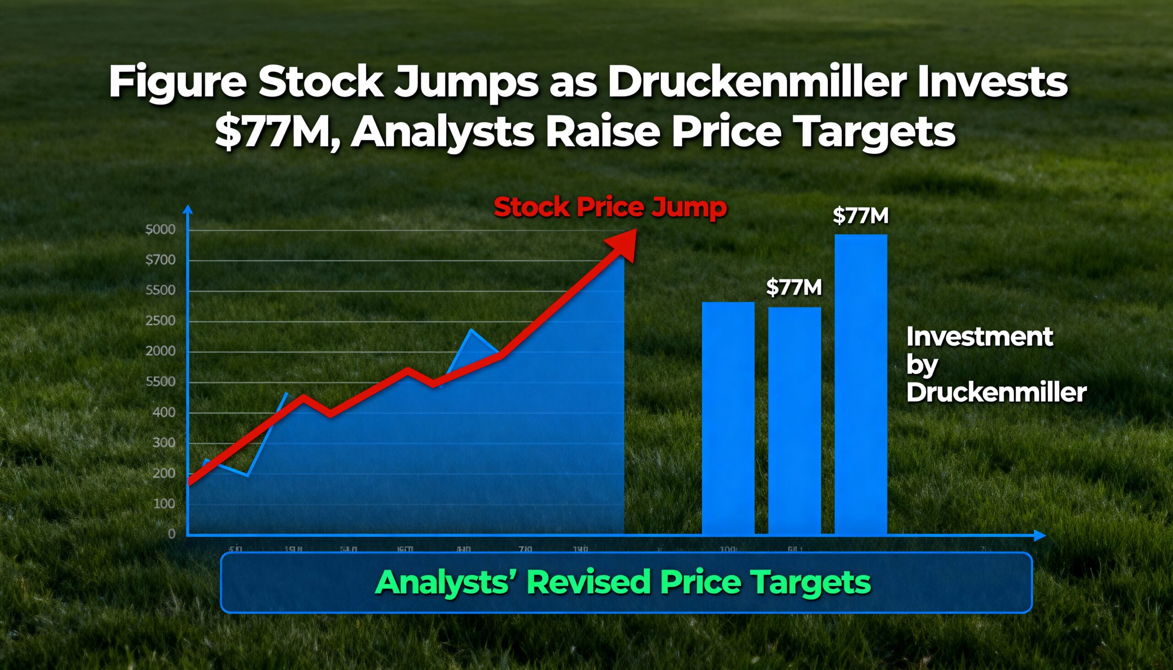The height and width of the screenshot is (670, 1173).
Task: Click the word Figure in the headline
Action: coord(177,83)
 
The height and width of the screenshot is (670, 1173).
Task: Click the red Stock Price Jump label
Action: coord(610,207)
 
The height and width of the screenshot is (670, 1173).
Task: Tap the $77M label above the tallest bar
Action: coord(861,216)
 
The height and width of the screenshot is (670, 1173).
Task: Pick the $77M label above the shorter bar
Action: coord(794,288)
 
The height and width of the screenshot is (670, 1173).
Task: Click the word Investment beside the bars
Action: coord(979,337)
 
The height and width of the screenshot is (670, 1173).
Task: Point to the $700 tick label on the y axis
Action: coord(160,260)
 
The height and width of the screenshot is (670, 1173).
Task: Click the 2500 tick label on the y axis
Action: coord(160,321)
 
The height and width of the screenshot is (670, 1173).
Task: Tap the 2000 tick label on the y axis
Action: coord(160,351)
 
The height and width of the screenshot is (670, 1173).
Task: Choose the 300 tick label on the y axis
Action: coord(164,443)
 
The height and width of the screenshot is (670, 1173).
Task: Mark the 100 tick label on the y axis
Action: coord(164,503)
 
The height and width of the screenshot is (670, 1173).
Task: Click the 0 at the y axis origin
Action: coord(172,534)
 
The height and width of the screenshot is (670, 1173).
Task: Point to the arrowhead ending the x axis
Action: coord(1040,535)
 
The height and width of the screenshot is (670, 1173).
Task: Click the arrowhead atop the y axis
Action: coord(188,209)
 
